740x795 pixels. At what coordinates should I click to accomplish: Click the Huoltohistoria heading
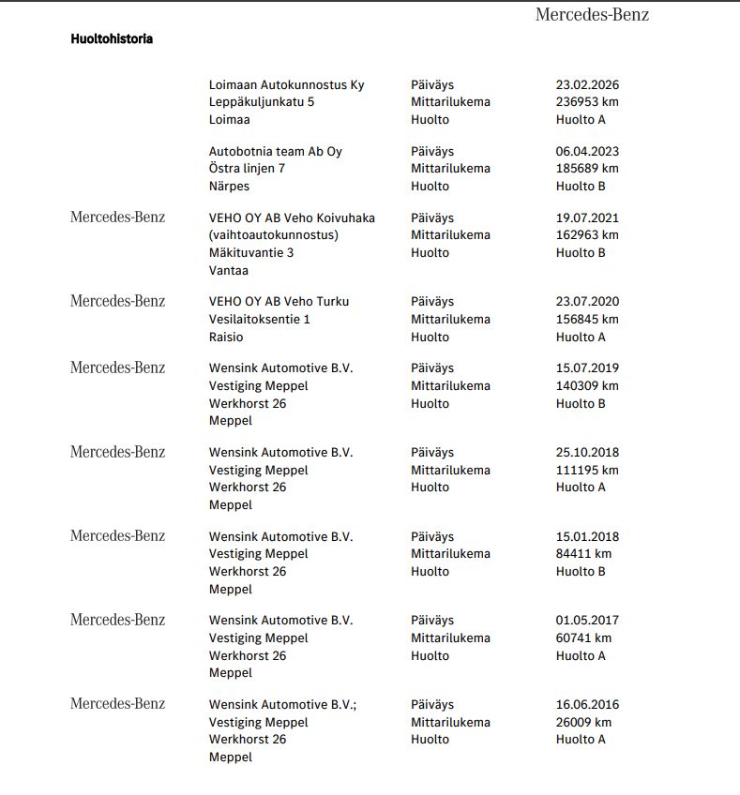[112, 39]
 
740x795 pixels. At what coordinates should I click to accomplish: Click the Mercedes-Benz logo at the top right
[592, 14]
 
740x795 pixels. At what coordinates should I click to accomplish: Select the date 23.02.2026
[587, 84]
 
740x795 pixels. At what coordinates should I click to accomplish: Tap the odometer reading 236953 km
[587, 102]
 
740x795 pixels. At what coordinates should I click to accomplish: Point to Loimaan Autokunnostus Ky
[286, 84]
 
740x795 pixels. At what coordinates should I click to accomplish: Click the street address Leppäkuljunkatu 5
[262, 102]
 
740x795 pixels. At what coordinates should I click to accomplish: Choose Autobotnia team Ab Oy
[275, 151]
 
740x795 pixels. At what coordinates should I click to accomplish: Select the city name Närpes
[229, 186]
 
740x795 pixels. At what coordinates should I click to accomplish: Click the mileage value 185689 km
[587, 169]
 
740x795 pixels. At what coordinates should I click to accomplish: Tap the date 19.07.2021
[587, 217]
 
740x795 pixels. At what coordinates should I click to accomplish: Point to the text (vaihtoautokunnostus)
[273, 235]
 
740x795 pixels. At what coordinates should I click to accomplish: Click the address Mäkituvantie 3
[250, 252]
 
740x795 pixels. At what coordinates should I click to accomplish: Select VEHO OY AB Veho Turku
[279, 301]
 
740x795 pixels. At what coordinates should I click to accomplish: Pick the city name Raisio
[227, 337]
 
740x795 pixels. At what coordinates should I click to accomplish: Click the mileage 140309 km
[587, 385]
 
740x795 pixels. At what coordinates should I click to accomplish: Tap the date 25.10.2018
[587, 452]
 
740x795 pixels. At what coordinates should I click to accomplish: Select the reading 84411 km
[583, 553]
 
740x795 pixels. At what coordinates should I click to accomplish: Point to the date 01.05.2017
[587, 620]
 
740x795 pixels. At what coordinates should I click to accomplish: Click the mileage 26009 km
[583, 722]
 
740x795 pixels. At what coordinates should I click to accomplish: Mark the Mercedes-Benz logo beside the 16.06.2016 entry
[117, 704]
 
